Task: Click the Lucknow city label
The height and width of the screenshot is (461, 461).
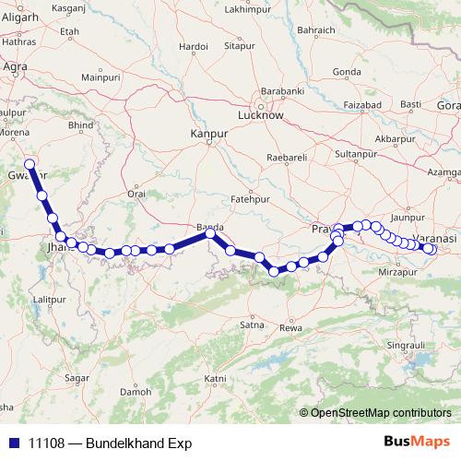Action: coord(260,117)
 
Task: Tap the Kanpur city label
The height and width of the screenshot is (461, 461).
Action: coord(207,135)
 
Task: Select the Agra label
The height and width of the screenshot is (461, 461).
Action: coord(15,66)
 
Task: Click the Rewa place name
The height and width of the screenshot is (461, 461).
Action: coord(290,327)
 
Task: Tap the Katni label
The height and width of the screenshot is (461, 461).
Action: coord(215,378)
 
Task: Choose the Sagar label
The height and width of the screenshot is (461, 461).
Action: coord(77,378)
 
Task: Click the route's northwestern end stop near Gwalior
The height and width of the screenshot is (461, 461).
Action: coord(30,165)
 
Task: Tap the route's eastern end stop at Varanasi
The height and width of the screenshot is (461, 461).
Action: coord(430,248)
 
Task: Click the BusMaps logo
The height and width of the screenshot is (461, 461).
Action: coord(417,443)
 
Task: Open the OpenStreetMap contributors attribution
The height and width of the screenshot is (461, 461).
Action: coord(380,412)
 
